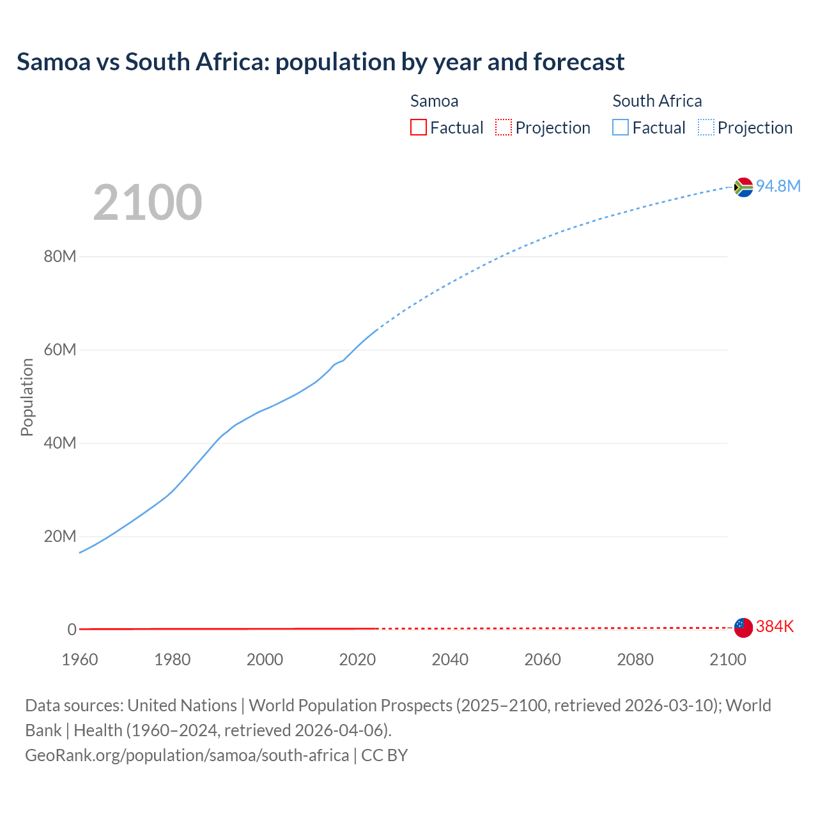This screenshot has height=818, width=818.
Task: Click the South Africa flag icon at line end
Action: click(743, 187)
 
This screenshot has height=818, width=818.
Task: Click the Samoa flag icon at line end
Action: click(743, 628)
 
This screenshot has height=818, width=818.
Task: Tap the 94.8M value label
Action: click(778, 186)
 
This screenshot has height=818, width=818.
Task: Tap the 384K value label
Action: click(775, 627)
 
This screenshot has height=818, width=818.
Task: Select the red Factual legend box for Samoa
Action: click(418, 127)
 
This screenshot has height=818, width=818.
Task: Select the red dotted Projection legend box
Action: click(504, 127)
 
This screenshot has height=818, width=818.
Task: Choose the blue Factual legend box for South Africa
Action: click(621, 127)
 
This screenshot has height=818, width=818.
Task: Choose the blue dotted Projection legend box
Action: click(706, 127)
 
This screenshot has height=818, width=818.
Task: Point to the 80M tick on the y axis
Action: click(60, 257)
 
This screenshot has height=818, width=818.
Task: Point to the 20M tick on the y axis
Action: click(60, 536)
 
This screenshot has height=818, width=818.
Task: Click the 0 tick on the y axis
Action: click(72, 629)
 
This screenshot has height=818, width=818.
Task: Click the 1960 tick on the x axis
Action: click(80, 660)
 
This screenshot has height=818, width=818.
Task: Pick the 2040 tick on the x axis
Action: click(450, 660)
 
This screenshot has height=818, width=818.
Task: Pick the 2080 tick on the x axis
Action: click(635, 660)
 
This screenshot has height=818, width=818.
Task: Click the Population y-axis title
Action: click(27, 397)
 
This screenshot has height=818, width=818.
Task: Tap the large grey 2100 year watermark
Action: click(148, 203)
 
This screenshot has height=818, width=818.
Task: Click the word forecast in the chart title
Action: click(578, 62)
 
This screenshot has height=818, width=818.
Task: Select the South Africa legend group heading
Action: click(657, 101)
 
